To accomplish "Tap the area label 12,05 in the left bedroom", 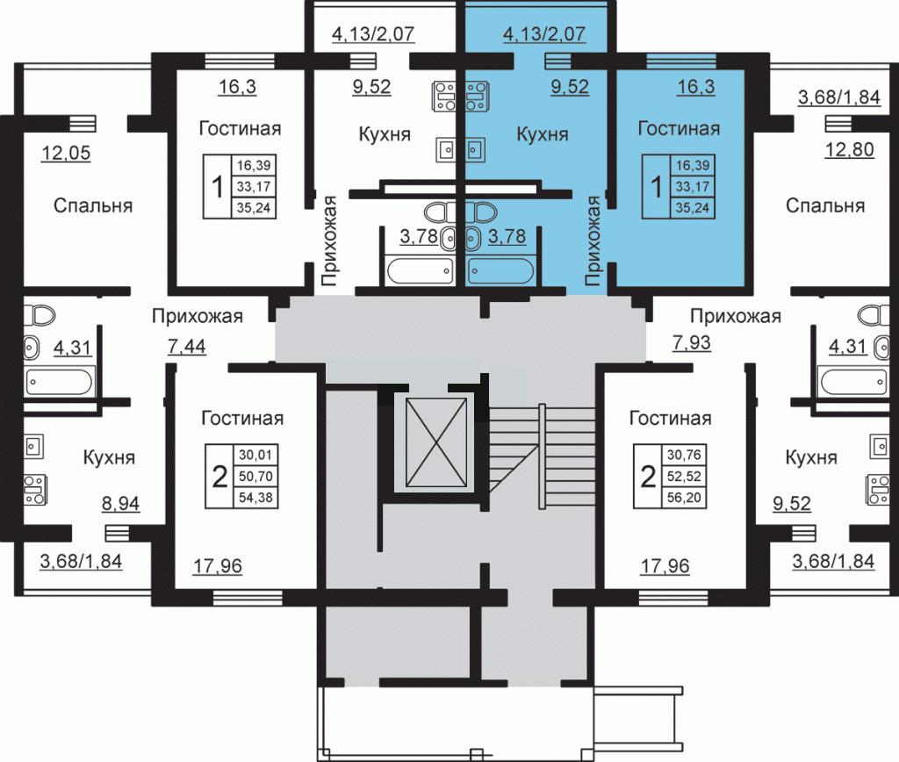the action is (66, 153).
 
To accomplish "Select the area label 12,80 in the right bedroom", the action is (849, 149).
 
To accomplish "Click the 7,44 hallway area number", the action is (186, 346).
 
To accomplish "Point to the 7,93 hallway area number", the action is (692, 342).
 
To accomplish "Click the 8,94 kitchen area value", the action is (120, 503).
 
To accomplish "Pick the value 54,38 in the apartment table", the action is (255, 497).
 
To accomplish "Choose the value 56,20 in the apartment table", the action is (684, 497).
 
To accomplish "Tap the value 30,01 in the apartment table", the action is (255, 455).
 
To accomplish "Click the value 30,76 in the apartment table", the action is (684, 455).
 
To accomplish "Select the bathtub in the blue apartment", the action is (500, 271).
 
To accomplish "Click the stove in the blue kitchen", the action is (477, 97).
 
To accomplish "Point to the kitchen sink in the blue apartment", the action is (475, 150).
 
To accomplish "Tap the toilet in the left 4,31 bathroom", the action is (40, 315).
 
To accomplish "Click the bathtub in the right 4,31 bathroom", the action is (850, 382).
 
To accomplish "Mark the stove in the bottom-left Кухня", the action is (35, 490).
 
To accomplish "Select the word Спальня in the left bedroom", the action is (93, 205).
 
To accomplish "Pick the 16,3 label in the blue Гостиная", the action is (695, 87).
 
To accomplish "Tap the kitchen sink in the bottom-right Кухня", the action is (880, 446).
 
